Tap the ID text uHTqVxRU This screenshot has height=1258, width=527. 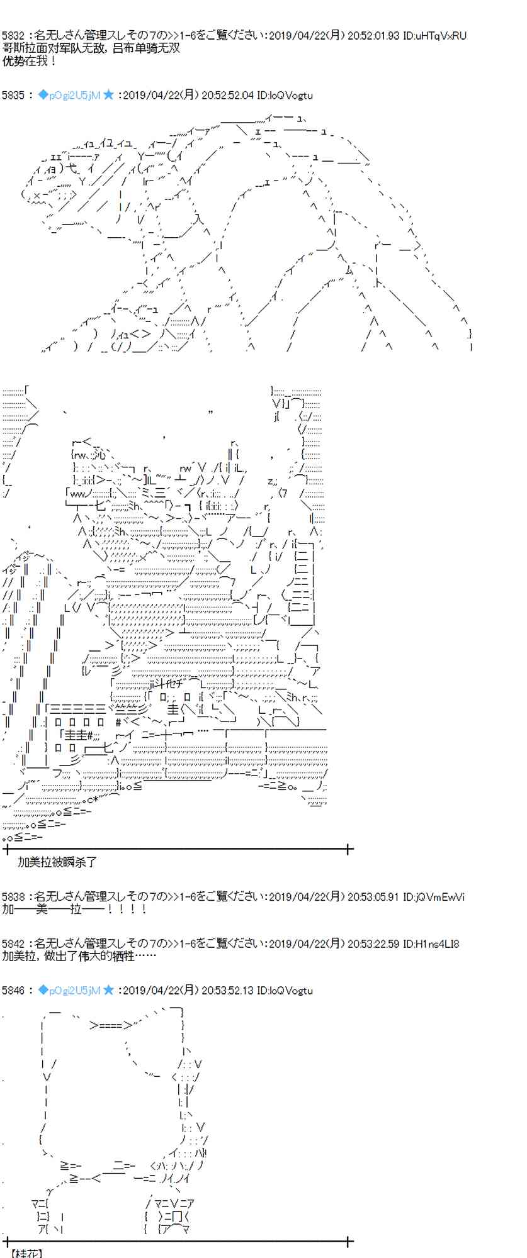[x=441, y=36]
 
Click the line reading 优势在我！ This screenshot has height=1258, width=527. [x=30, y=61]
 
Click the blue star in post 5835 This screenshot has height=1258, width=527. [x=109, y=95]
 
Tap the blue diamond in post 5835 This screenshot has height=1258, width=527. [x=43, y=95]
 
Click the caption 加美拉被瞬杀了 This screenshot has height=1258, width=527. [x=57, y=862]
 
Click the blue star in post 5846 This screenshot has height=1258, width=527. [x=109, y=991]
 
